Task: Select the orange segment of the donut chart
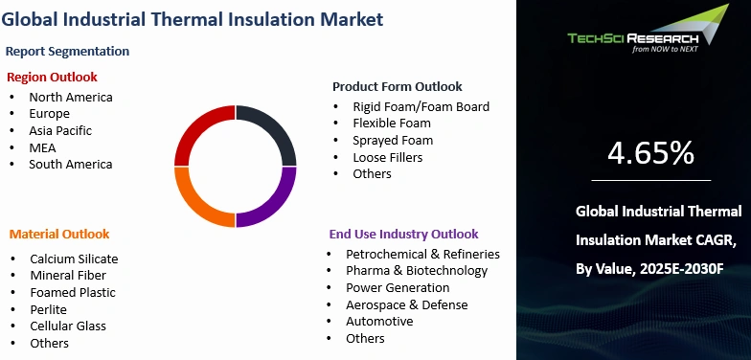click(199, 202)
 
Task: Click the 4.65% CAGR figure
click(650, 152)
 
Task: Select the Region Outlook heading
click(53, 77)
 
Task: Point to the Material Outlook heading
click(59, 234)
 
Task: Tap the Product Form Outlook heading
click(397, 86)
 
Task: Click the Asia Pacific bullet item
click(60, 130)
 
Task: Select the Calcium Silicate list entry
click(74, 259)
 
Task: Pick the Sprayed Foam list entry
click(392, 140)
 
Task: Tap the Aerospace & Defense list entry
click(407, 304)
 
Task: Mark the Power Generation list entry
click(398, 287)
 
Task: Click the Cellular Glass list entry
click(68, 326)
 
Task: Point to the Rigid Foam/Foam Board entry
click(421, 106)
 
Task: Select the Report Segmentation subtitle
click(67, 51)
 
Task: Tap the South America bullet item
click(70, 164)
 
